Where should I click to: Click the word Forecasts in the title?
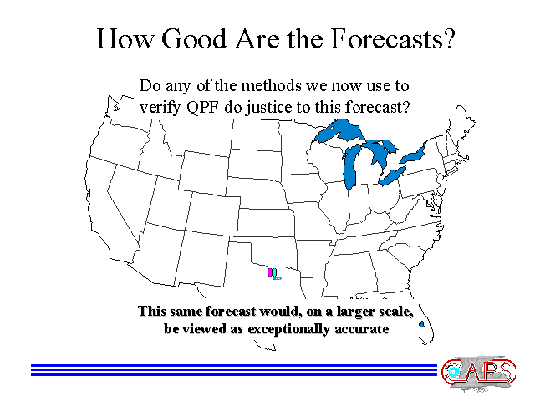pyautogui.click(x=393, y=38)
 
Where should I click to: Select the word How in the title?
pyautogui.click(x=125, y=38)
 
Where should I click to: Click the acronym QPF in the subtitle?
pyautogui.click(x=203, y=108)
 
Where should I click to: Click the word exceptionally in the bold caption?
pyautogui.click(x=288, y=329)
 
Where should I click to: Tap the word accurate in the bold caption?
pyautogui.click(x=362, y=329)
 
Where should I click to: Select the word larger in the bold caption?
pyautogui.click(x=354, y=312)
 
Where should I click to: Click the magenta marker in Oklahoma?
pyautogui.click(x=270, y=272)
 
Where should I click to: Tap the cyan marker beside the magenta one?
pyautogui.click(x=274, y=272)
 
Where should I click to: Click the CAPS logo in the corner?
pyautogui.click(x=479, y=373)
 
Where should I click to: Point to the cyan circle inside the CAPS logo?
pyautogui.click(x=453, y=372)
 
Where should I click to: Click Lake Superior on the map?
pyautogui.click(x=338, y=131)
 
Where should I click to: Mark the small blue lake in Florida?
pyautogui.click(x=421, y=323)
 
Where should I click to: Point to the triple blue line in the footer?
pyautogui.click(x=234, y=370)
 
